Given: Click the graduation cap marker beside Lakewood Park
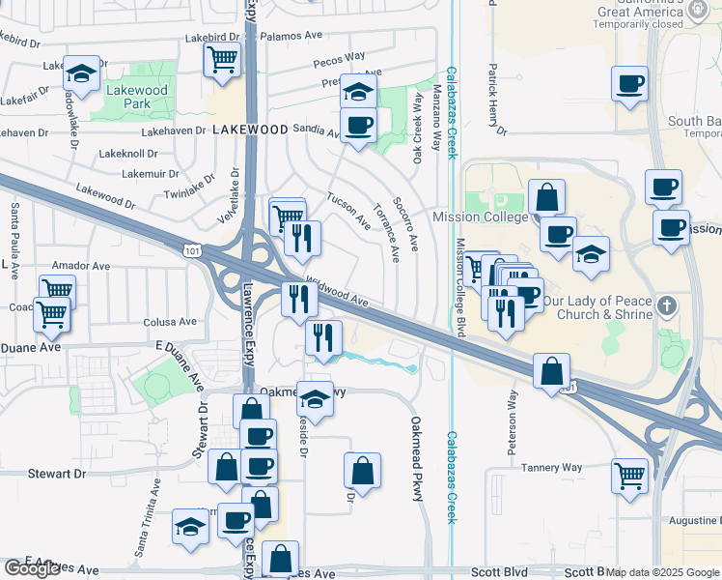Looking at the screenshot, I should pos(82,73).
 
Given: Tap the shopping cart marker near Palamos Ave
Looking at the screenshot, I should pos(222,59).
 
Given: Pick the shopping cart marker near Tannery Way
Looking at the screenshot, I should pos(629,476).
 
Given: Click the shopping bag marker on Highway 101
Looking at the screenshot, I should pos(551,370).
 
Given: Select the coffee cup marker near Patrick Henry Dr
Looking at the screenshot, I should pos(629,83).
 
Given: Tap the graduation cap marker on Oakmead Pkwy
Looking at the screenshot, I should pos(315,396).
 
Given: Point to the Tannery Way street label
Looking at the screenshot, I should pos(551,468).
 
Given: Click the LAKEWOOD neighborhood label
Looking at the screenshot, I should pos(250,129).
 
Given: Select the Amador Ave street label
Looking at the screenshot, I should pos(81,264).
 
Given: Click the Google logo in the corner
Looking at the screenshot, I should pos(33,568).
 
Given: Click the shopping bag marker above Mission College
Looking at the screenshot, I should pos(546,196).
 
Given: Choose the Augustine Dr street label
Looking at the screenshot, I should pos(689,520).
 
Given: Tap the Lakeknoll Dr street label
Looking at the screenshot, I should pos(127,154).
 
